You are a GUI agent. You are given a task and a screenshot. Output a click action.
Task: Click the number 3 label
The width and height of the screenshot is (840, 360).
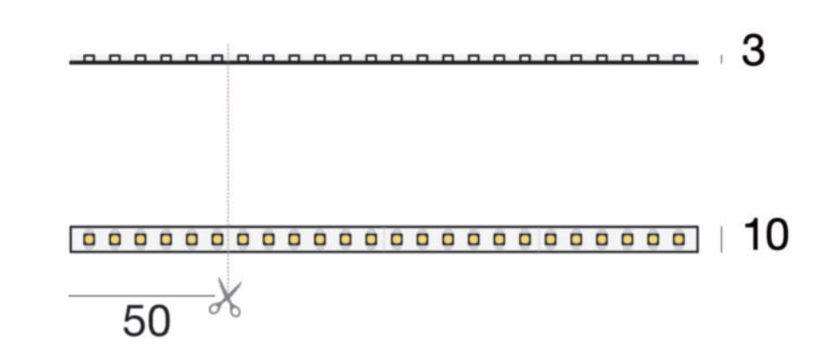pos(753,51)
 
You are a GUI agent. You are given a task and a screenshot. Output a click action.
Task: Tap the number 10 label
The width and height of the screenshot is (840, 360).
pos(766,235)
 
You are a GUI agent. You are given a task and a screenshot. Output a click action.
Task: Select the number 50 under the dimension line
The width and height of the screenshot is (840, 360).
pos(147,321)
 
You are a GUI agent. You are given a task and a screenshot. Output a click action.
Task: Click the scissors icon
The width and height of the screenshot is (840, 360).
pos(226,299)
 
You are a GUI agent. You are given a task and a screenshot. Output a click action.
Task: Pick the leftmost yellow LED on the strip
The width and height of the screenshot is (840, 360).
pos(89,240)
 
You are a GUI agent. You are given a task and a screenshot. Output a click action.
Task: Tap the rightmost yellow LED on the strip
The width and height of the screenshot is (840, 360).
pos(679,240)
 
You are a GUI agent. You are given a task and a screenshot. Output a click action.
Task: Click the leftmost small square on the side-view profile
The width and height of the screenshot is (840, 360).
pos(89,58)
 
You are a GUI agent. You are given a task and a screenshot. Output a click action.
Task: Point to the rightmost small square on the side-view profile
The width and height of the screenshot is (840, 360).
pos(679,58)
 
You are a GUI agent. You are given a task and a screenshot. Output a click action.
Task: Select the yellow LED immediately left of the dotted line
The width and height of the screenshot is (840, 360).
pos(217,240)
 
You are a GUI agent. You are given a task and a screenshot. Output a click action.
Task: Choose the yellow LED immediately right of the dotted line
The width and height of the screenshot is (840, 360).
pos(243,240)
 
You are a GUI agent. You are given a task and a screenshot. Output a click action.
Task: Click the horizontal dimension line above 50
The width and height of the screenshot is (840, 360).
pos(141,295)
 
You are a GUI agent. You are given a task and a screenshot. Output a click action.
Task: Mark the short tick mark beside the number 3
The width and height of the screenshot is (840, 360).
pos(721,59)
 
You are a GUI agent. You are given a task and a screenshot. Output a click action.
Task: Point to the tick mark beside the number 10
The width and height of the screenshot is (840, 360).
pos(721,240)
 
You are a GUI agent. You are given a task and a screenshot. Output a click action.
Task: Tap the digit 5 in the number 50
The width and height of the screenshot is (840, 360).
pos(134,321)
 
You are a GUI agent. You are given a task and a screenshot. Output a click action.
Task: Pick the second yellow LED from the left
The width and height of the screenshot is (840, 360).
pos(115,240)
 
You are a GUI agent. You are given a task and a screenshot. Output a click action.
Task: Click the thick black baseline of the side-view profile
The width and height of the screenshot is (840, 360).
pos(383,62)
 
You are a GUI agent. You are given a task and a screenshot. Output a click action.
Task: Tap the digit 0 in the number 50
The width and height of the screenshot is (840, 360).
pos(159,321)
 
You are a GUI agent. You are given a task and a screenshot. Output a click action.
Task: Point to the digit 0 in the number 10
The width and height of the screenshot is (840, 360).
pos(776,235)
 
